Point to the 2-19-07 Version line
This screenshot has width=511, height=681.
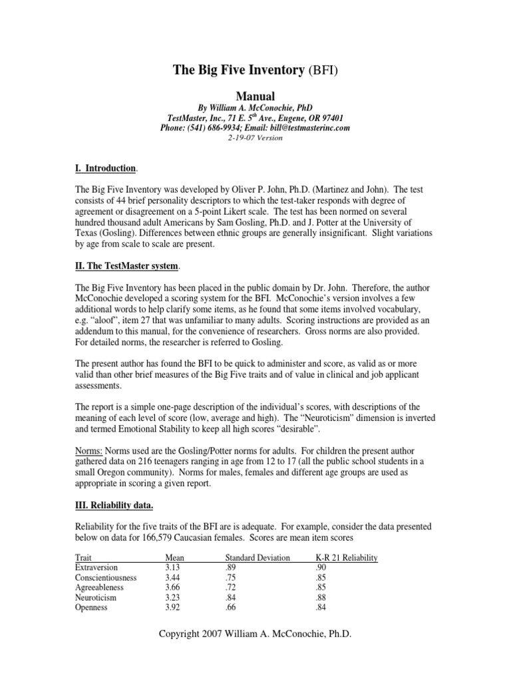point(255,138)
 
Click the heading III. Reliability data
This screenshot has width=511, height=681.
point(114,505)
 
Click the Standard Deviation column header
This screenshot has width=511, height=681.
point(257,558)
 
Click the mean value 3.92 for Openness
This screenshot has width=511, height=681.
point(172,607)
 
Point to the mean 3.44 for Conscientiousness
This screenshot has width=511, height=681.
point(172,577)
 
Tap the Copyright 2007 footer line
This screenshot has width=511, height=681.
point(255,634)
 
